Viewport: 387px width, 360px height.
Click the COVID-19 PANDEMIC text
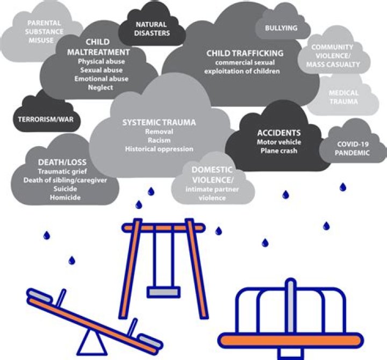(x=354, y=148)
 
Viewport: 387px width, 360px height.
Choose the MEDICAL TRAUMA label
(x=343, y=97)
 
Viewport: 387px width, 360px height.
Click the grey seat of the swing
(x=163, y=291)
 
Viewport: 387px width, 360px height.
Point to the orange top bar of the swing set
(x=162, y=228)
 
